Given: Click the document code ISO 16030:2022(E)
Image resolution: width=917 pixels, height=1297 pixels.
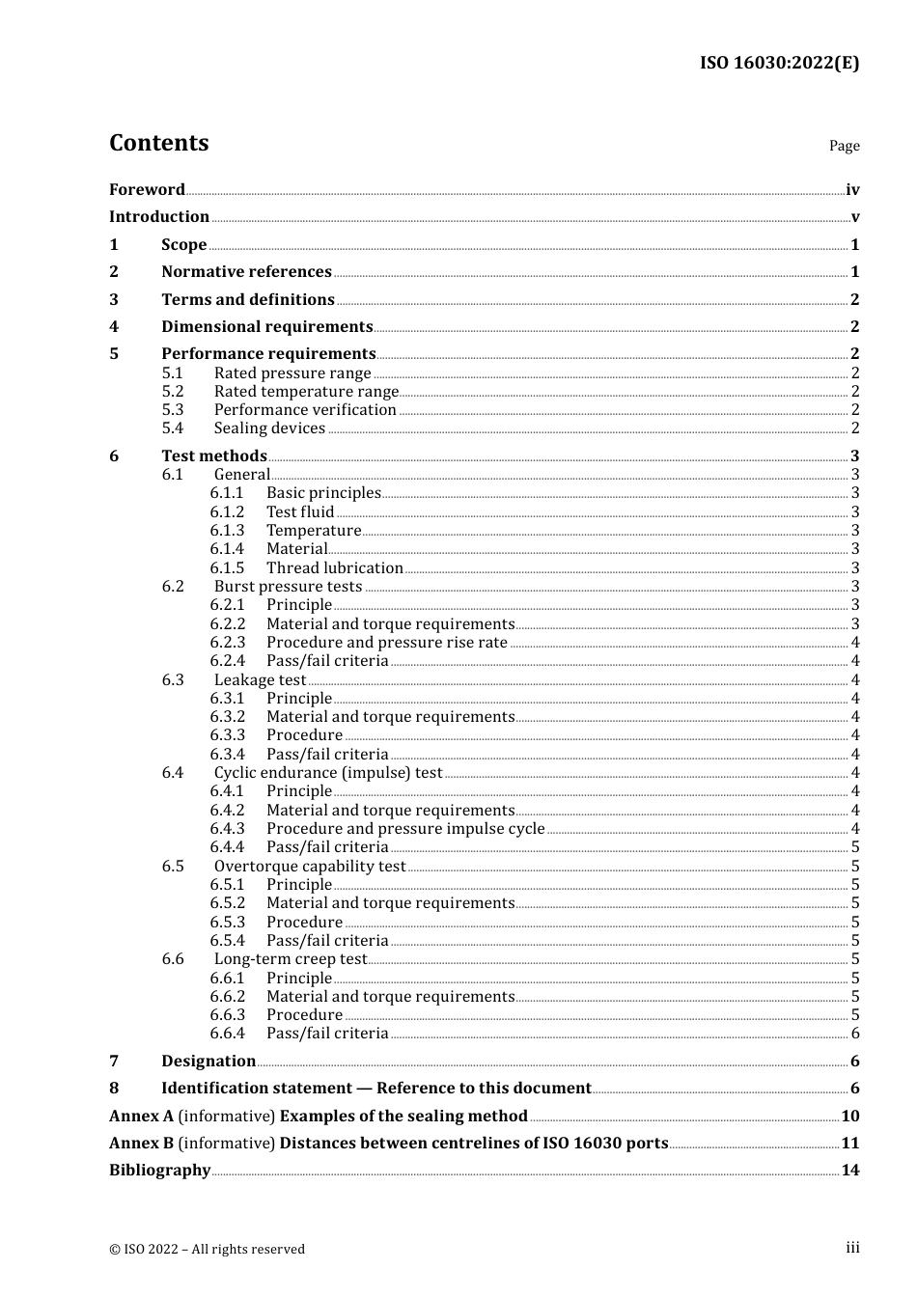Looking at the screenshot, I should (x=779, y=63).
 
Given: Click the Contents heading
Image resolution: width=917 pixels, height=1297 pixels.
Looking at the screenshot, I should (x=158, y=143).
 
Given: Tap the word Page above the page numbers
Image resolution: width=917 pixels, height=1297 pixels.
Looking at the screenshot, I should (x=844, y=146).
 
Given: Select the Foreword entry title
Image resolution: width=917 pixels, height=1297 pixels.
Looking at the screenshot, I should (x=147, y=190).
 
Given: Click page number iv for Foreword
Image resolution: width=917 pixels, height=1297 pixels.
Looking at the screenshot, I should (x=852, y=190).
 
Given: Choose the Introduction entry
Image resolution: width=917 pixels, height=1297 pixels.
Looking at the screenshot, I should (x=159, y=217).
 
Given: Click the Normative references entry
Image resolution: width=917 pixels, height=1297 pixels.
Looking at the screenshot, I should (x=246, y=272).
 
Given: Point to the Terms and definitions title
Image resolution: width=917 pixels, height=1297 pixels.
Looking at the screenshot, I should (x=248, y=300).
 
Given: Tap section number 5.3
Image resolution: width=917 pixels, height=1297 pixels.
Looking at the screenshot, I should (x=172, y=410).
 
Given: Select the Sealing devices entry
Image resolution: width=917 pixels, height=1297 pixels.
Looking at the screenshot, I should (x=269, y=428).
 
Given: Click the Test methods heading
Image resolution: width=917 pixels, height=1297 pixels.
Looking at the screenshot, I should (x=214, y=455).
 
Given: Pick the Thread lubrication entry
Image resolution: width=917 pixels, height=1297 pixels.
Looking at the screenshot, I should (x=335, y=568).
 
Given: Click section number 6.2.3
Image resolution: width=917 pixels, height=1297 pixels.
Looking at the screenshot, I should (x=228, y=643).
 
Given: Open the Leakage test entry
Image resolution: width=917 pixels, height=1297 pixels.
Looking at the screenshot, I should (x=260, y=680).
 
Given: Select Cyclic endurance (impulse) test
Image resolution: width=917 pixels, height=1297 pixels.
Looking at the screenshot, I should (x=328, y=773).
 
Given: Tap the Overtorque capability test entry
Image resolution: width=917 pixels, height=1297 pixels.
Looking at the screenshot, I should (x=310, y=867).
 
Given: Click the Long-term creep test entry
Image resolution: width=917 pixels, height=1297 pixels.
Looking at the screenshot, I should (x=291, y=959).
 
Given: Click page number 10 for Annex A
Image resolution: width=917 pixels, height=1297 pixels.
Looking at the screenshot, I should (x=849, y=1117).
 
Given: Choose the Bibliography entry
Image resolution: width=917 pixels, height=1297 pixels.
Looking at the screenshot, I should (x=159, y=1171).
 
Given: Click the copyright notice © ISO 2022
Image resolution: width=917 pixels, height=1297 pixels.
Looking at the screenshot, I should (x=207, y=1250).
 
